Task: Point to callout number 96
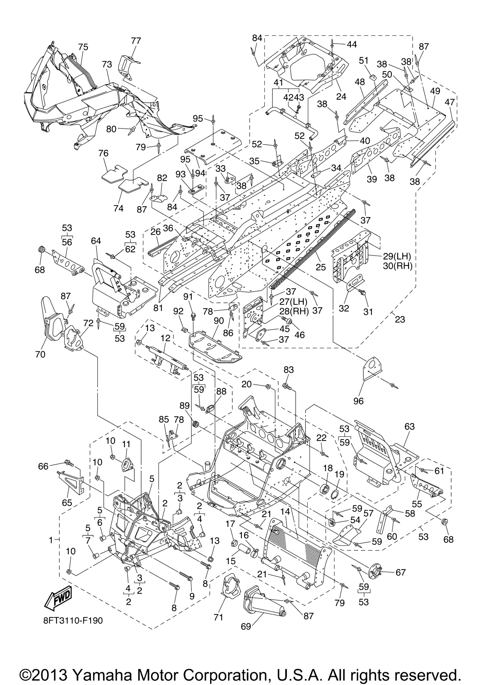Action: coord(358,401)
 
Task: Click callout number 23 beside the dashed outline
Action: coord(400,319)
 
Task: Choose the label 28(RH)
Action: coord(294,311)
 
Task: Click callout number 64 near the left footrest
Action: coord(96,241)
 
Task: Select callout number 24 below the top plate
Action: coord(341,96)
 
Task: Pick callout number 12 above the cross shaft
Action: coord(166,338)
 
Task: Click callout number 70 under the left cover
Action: coord(40,354)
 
